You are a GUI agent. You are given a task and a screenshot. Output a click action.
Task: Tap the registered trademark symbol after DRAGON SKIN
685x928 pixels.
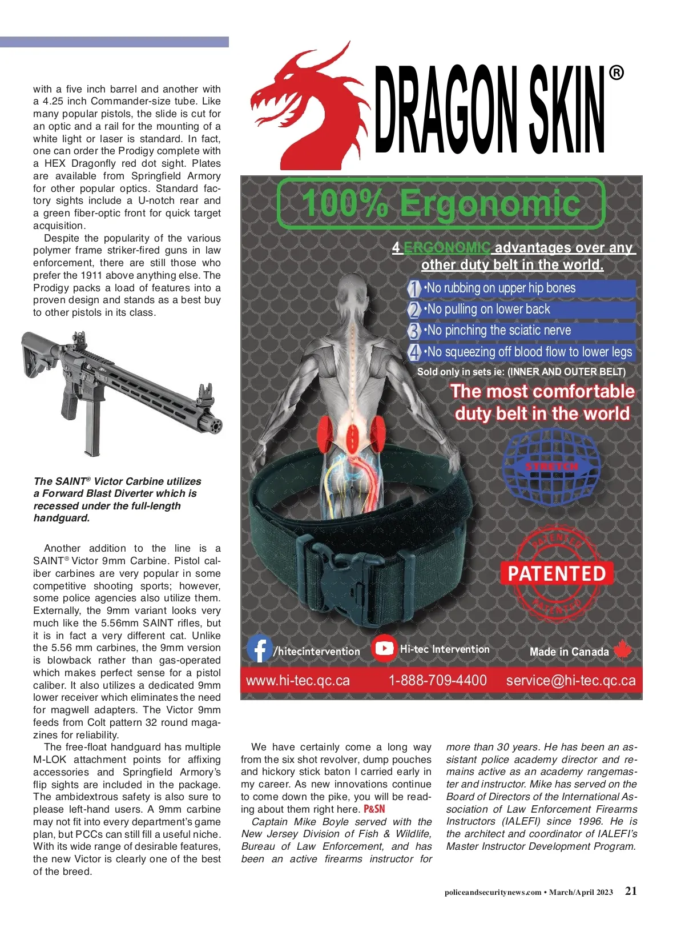click(x=616, y=73)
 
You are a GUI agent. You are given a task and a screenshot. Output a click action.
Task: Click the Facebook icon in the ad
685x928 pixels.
click(x=259, y=649)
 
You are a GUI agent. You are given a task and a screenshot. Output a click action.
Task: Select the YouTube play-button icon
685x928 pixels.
click(x=384, y=648)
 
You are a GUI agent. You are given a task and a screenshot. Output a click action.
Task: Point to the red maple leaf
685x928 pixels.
click(x=623, y=650)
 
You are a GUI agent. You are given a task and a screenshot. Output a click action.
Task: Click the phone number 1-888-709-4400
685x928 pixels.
click(x=437, y=680)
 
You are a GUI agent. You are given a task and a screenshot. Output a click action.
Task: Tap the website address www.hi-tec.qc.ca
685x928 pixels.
click(x=297, y=680)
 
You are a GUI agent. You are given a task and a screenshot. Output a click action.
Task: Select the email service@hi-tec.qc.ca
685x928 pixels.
click(x=570, y=680)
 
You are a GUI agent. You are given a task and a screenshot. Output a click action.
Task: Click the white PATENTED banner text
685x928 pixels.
click(x=557, y=573)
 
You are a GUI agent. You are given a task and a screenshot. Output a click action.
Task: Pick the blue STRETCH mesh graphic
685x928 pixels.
click(x=550, y=467)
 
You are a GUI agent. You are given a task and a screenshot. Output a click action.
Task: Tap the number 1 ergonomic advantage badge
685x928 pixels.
click(x=414, y=288)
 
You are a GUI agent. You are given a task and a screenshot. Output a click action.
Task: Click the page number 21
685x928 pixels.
click(x=631, y=891)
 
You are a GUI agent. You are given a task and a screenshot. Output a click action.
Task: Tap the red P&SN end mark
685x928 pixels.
click(x=374, y=809)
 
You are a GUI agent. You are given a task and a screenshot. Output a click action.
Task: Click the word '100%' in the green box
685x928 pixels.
click(x=344, y=203)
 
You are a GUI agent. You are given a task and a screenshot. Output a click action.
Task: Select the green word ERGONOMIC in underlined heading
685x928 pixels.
click(x=447, y=248)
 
